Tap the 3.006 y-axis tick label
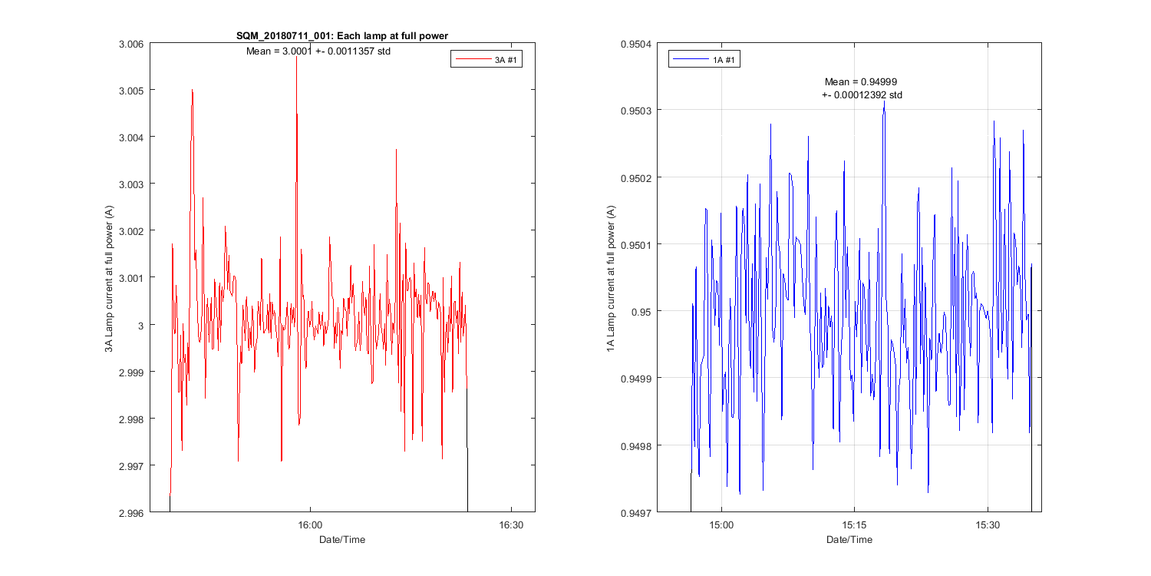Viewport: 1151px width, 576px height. [130, 44]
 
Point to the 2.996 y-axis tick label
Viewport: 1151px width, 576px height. [130, 512]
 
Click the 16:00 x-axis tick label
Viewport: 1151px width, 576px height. [309, 526]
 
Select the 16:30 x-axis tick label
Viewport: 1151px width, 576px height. [511, 526]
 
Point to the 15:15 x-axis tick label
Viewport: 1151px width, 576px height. [854, 526]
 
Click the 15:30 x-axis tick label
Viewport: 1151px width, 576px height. [988, 526]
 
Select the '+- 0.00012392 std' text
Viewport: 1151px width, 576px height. [862, 95]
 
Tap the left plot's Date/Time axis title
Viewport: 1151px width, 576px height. [342, 540]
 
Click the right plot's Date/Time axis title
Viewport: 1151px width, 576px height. [849, 540]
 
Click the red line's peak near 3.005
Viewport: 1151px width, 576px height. [192, 91]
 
